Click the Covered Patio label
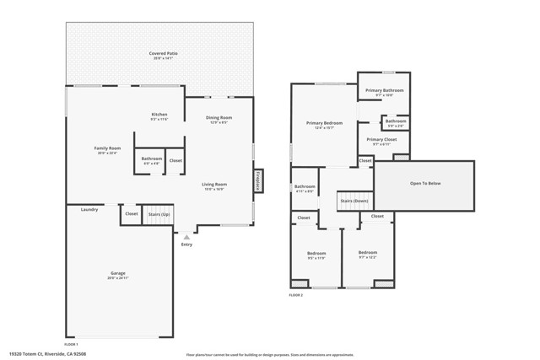[164, 53]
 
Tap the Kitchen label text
[159, 114]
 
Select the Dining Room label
[220, 118]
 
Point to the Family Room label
[107, 148]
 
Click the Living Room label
[213, 184]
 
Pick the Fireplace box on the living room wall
[258, 180]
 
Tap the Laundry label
[89, 209]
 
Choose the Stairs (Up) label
[159, 214]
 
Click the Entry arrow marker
[186, 236]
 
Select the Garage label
[118, 273]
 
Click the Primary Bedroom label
[324, 123]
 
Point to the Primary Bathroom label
[384, 90]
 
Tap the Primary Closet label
[381, 140]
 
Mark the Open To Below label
[424, 183]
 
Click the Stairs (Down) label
[354, 201]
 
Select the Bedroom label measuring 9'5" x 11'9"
[316, 254]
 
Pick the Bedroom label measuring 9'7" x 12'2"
[367, 253]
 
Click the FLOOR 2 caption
[296, 295]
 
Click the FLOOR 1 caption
[71, 344]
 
